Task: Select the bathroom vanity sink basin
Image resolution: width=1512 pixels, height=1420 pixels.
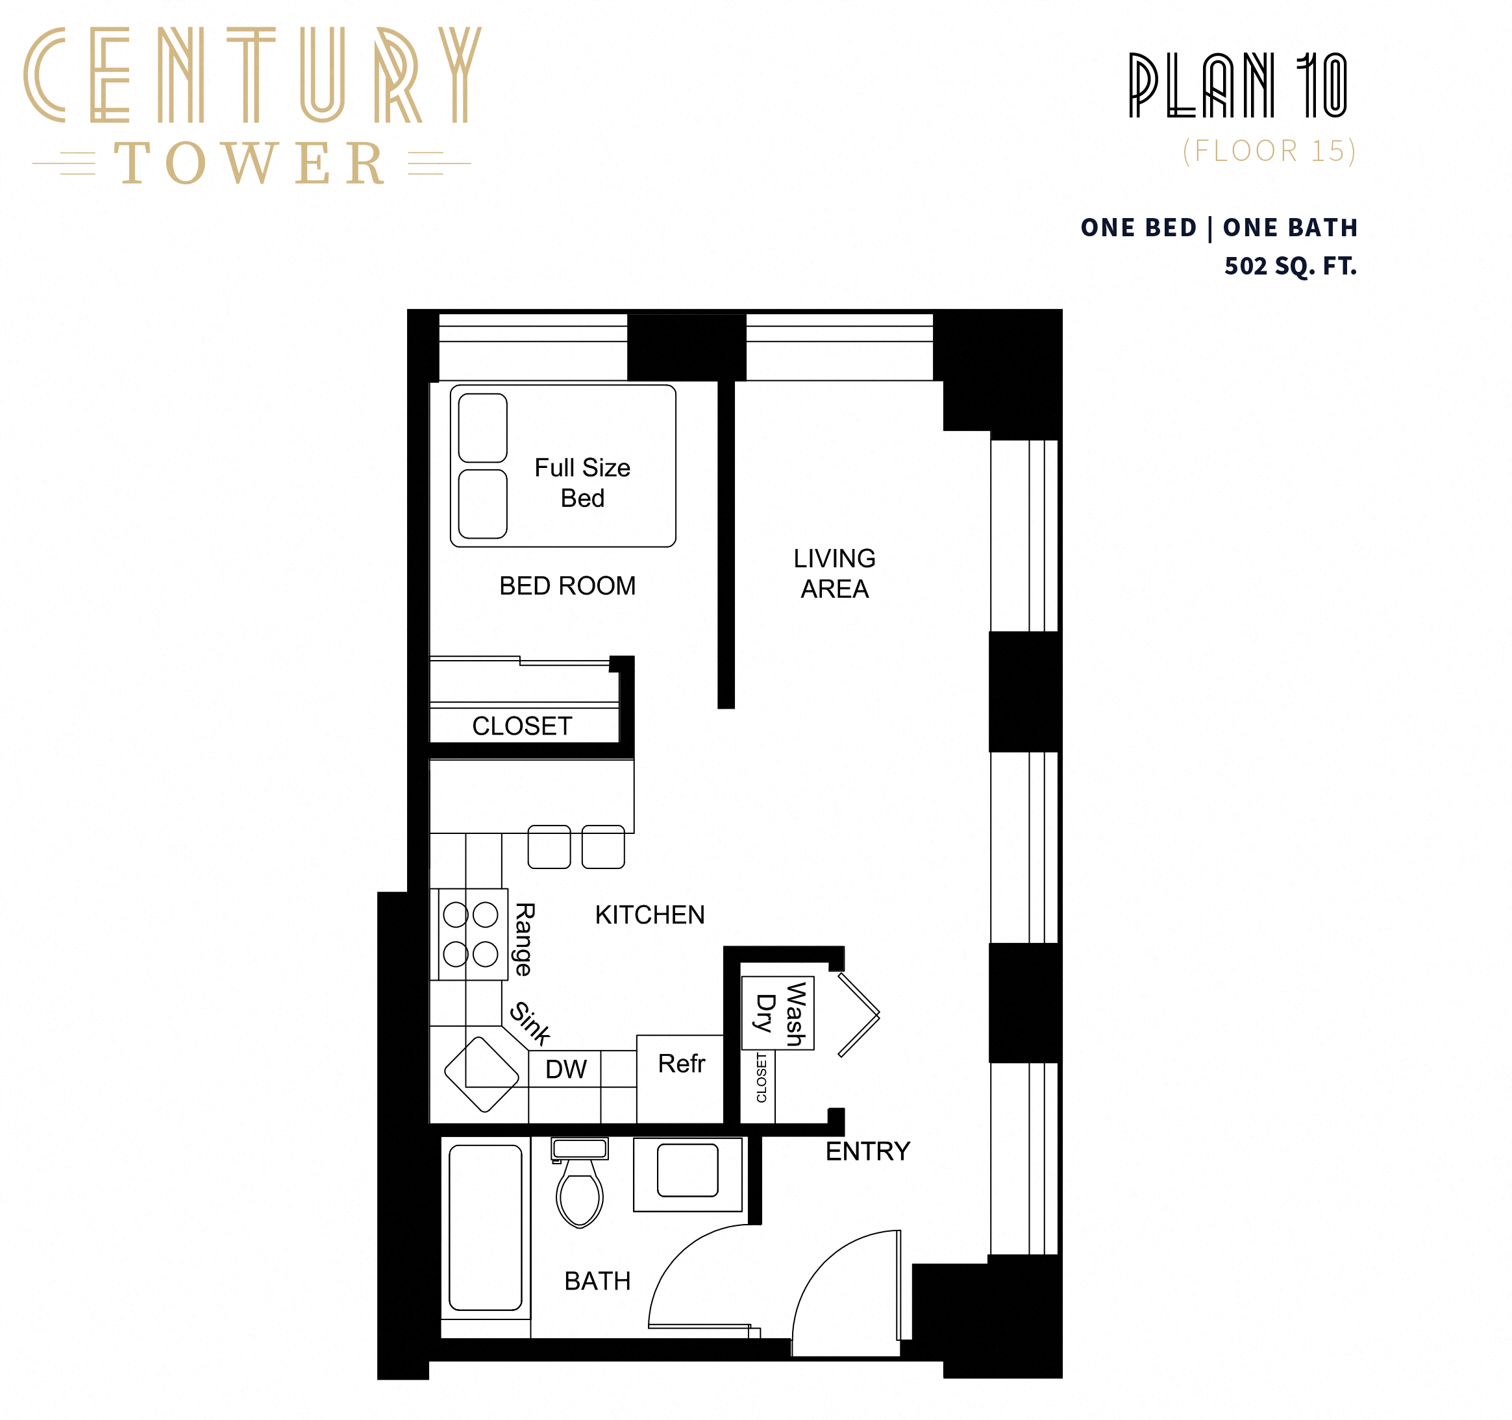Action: [x=688, y=1170]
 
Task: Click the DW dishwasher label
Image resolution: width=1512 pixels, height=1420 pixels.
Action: [x=566, y=1070]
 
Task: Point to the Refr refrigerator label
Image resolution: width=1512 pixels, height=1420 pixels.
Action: [x=682, y=1064]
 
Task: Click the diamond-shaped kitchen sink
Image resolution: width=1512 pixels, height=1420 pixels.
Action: [x=482, y=1074]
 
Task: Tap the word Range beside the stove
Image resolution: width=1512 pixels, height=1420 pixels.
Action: [x=524, y=940]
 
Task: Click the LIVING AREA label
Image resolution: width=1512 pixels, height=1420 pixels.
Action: [x=834, y=573]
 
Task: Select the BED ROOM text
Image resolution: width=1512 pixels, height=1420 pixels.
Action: [x=567, y=585]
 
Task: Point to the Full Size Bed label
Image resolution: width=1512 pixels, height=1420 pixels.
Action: [x=582, y=483]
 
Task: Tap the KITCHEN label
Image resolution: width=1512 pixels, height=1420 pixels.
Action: [x=649, y=914]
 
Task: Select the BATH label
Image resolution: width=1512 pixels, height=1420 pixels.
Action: [x=597, y=1281]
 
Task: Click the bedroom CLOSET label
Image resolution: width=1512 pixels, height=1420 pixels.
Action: [x=522, y=726]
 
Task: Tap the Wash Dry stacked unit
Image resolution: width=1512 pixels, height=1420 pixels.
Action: [x=778, y=1013]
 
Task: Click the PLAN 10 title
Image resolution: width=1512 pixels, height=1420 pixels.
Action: [x=1238, y=85]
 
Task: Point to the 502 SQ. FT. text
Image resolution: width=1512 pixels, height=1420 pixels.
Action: [x=1290, y=266]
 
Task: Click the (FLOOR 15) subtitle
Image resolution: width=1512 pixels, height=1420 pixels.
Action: [x=1269, y=151]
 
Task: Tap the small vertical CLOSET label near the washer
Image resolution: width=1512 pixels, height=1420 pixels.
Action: [x=762, y=1077]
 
